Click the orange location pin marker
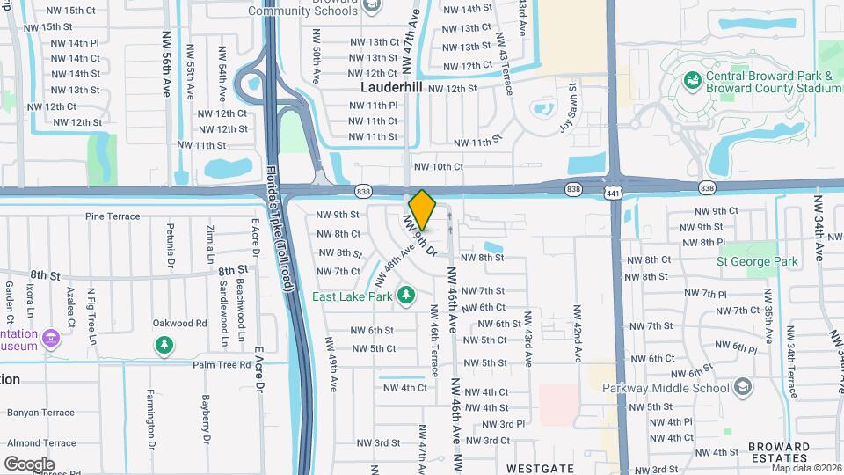coord(423,208)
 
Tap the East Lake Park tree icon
coord(406,294)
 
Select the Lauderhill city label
coord(391,88)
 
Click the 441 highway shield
coord(613,192)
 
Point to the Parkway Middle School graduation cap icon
coord(744,387)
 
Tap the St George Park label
coord(757,261)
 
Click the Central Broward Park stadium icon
coord(694,80)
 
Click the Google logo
coord(29,464)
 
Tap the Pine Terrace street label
coord(113,216)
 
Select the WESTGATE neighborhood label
coord(539,467)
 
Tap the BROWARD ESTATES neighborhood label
coord(779,452)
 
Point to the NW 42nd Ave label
coord(578,334)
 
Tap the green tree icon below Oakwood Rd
coord(164,346)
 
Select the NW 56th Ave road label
coord(165,63)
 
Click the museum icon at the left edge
coord(51,338)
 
